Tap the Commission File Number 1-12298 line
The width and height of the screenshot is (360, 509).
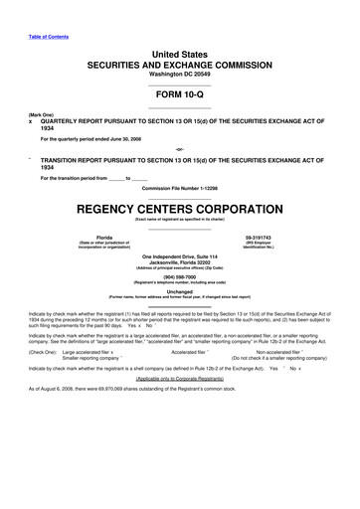179,188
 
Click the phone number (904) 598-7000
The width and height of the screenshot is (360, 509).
179,277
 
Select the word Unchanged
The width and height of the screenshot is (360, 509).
179,291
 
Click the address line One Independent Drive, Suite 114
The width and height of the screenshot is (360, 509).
179,256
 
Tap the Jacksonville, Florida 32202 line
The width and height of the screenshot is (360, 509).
179,262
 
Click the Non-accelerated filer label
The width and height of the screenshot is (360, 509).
283,351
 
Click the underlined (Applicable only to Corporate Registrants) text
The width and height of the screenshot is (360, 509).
179,379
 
